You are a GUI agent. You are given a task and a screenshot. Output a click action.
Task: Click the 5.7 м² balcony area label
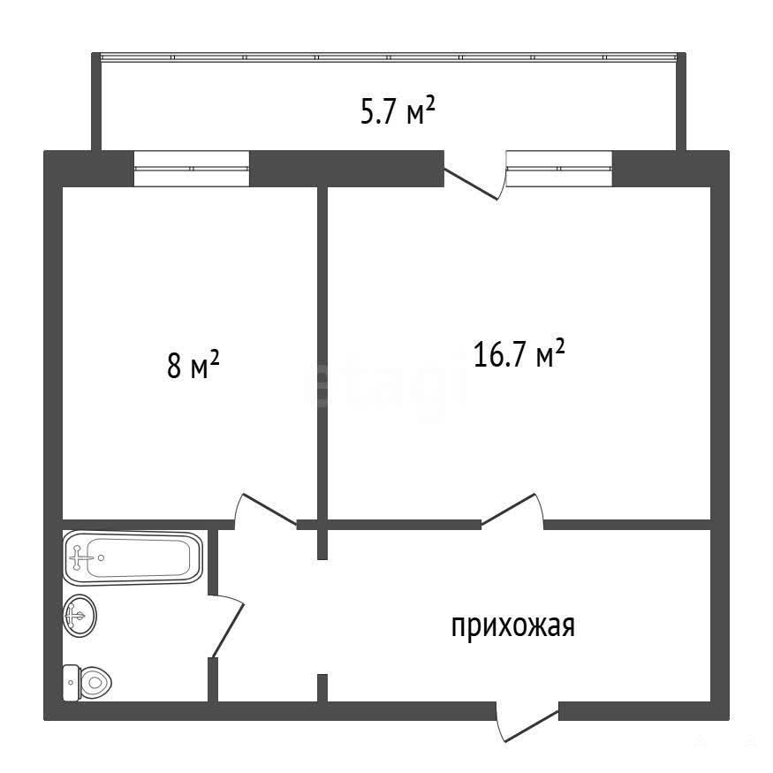(398, 111)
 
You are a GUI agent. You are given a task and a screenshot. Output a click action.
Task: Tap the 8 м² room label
(193, 364)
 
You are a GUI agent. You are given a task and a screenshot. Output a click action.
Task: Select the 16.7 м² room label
(519, 353)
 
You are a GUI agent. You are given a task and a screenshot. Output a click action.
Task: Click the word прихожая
(512, 626)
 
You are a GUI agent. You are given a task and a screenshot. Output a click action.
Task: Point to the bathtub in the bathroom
(133, 557)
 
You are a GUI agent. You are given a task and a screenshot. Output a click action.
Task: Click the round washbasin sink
(80, 615)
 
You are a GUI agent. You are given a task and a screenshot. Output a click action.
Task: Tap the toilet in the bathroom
(87, 682)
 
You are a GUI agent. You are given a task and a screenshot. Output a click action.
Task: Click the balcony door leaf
(471, 184)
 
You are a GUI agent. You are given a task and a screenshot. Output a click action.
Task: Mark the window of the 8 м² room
(192, 169)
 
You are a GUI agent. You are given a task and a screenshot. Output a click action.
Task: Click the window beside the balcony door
(559, 169)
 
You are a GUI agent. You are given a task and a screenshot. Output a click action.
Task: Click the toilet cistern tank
(71, 682)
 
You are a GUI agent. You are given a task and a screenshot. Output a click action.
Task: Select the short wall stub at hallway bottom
(322, 687)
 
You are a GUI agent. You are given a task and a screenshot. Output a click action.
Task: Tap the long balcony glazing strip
(389, 57)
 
